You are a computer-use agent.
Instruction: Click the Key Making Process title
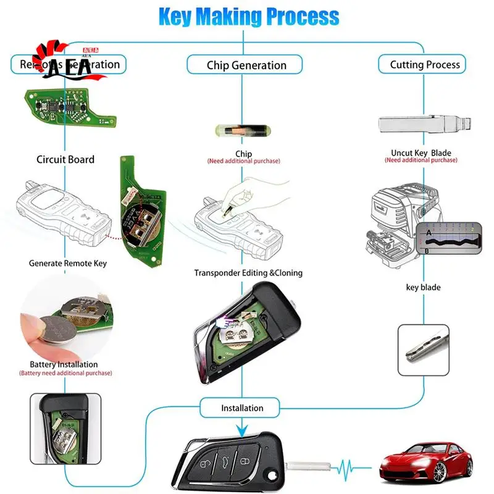pyautogui.click(x=249, y=17)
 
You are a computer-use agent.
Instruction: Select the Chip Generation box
pyautogui.click(x=246, y=65)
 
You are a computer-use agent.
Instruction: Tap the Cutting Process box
pyautogui.click(x=425, y=64)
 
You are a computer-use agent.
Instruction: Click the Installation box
pyautogui.click(x=242, y=408)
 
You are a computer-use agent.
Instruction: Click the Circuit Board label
pyautogui.click(x=65, y=159)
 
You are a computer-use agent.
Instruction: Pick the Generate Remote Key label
pyautogui.click(x=68, y=263)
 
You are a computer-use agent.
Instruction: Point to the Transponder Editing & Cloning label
pyautogui.click(x=248, y=272)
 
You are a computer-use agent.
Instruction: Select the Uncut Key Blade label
pyautogui.click(x=421, y=153)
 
